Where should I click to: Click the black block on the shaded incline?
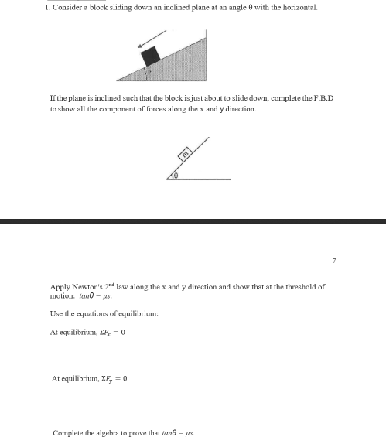click(x=151, y=55)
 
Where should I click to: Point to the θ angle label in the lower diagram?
click(x=176, y=176)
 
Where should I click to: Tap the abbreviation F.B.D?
click(x=322, y=101)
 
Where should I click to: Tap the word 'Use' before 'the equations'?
click(x=56, y=313)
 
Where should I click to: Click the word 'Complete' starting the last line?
click(x=67, y=433)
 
